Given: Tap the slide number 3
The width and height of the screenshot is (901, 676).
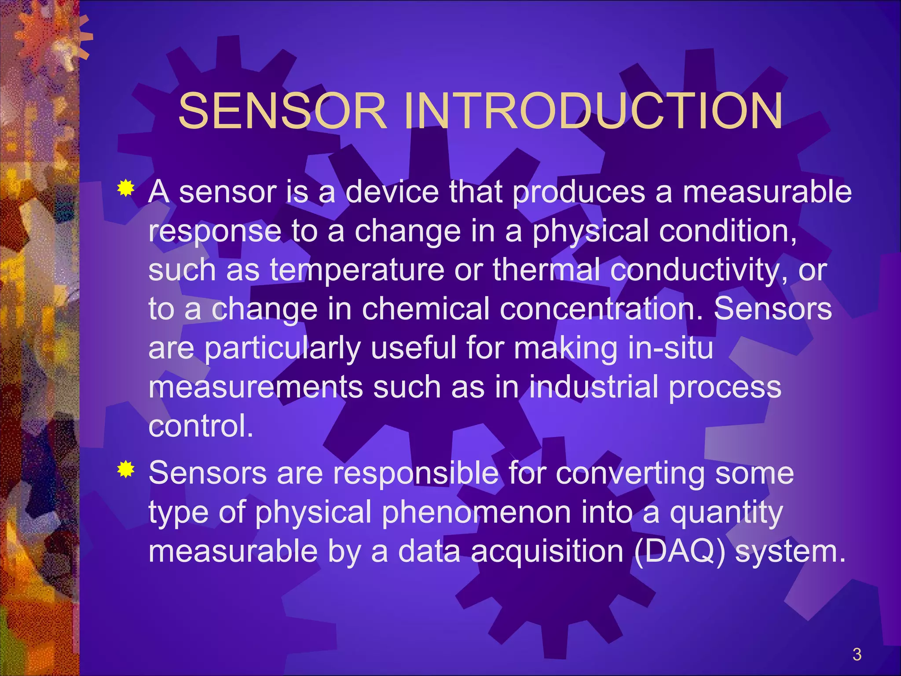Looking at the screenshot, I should (x=857, y=654).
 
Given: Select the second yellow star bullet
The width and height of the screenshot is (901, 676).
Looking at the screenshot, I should (x=126, y=470).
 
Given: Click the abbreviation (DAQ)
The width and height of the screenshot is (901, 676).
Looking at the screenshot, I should (x=679, y=551).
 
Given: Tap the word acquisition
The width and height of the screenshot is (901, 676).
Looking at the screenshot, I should (x=547, y=551).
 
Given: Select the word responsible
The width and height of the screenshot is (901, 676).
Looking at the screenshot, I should (x=416, y=474).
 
